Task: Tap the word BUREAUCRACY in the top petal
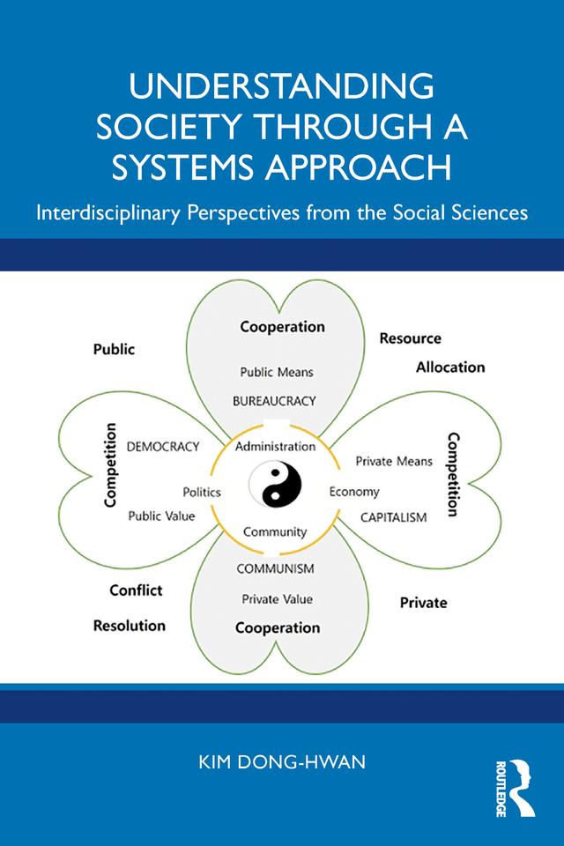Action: pos(274,400)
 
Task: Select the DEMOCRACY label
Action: pos(163,447)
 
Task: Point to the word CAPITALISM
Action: pos(393,516)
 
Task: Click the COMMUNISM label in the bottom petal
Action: pos(275,568)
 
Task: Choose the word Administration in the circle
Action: pos(275,447)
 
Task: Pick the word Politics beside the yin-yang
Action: pos(202,492)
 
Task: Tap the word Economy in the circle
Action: pos(354,492)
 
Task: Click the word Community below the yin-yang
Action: pos(275,531)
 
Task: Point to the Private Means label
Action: pos(394,461)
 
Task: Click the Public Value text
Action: pos(162,516)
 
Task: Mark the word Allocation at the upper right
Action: pos(450,367)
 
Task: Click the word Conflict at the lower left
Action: pos(136,590)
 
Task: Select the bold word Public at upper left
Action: pos(115,349)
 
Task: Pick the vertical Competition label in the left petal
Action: pos(111,465)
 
